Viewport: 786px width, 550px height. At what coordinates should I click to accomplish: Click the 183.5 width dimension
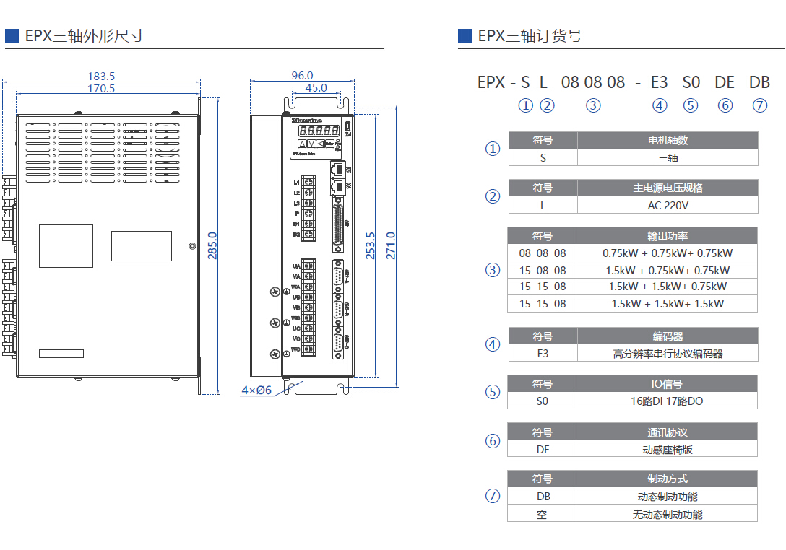pyautogui.click(x=101, y=76)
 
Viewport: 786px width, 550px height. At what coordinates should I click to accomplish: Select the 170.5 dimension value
pyautogui.click(x=101, y=89)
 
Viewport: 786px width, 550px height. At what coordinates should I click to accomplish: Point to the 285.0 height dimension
pyautogui.click(x=212, y=245)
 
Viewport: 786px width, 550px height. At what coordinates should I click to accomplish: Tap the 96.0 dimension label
pyautogui.click(x=302, y=75)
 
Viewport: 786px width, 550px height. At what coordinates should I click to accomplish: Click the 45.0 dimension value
pyautogui.click(x=316, y=88)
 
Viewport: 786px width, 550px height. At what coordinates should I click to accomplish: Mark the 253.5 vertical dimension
pyautogui.click(x=371, y=245)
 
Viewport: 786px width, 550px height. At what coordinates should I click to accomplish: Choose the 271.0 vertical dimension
pyautogui.click(x=391, y=245)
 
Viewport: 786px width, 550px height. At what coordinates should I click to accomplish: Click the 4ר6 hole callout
pyautogui.click(x=256, y=390)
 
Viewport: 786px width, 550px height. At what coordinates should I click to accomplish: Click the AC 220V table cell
pyautogui.click(x=668, y=205)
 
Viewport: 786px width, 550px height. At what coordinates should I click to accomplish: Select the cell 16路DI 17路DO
pyautogui.click(x=668, y=401)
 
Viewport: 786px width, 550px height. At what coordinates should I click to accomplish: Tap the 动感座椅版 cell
pyautogui.click(x=668, y=450)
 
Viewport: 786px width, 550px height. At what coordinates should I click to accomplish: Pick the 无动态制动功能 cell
pyautogui.click(x=668, y=515)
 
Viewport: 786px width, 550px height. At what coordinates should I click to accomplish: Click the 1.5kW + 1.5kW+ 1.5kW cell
pyautogui.click(x=668, y=304)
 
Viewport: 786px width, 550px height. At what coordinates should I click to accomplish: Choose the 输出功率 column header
pyautogui.click(x=668, y=236)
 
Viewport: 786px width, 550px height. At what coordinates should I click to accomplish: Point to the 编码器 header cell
pyautogui.click(x=668, y=336)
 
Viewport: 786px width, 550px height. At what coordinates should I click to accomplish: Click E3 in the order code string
pyautogui.click(x=659, y=82)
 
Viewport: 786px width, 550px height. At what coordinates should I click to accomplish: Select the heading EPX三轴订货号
pyautogui.click(x=530, y=36)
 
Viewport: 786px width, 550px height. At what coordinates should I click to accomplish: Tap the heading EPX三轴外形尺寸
pyautogui.click(x=85, y=35)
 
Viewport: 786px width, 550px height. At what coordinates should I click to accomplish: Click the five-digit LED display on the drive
pyautogui.click(x=319, y=131)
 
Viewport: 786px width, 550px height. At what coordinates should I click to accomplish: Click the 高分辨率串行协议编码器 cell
pyautogui.click(x=668, y=354)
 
